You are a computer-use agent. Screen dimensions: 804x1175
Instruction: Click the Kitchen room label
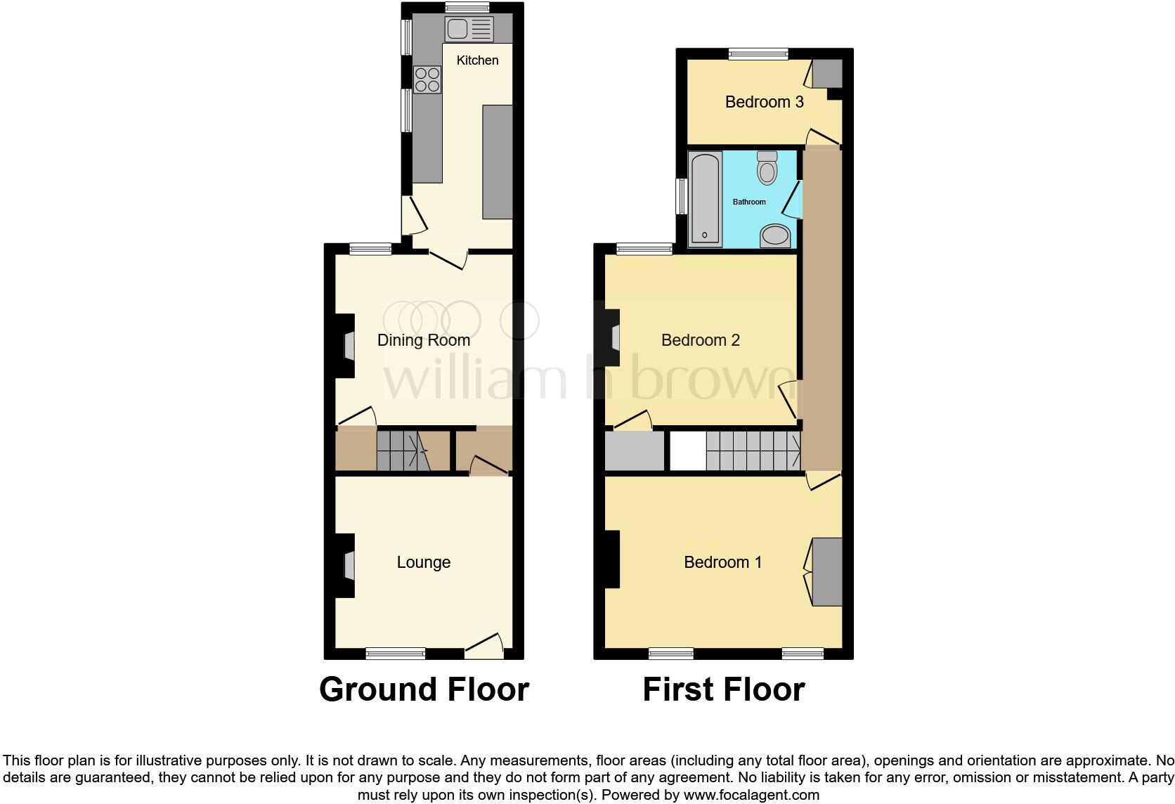[477, 60]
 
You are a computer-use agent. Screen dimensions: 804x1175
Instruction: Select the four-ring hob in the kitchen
[427, 79]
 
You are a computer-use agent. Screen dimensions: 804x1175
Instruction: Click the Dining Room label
[423, 340]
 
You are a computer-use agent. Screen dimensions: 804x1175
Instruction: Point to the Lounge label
[423, 562]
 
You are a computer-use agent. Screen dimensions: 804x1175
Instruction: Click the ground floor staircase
[403, 450]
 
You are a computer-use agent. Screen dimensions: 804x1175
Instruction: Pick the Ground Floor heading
[424, 689]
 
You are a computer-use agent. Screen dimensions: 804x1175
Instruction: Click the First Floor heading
[723, 689]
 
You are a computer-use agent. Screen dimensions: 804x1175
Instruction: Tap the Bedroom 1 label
[722, 562]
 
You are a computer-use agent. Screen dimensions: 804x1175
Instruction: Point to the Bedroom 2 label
[700, 340]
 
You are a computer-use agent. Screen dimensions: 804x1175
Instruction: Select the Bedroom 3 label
[764, 102]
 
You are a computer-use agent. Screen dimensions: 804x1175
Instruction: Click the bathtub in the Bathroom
[705, 198]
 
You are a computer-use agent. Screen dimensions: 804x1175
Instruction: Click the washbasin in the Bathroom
[775, 235]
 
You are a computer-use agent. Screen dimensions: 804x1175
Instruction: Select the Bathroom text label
[749, 202]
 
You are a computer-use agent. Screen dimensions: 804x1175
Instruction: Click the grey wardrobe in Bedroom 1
[827, 571]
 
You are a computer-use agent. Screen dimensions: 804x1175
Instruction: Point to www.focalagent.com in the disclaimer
[751, 796]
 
